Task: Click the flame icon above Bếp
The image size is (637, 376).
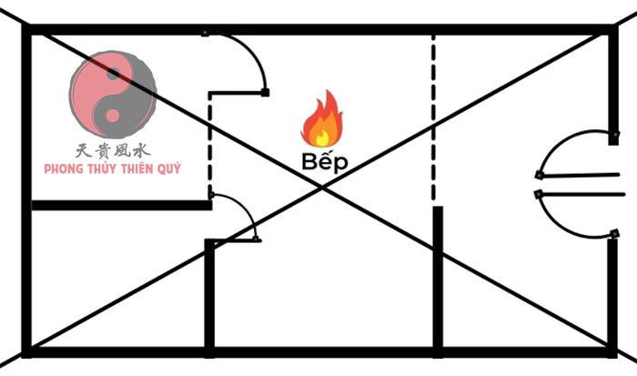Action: click(319, 121)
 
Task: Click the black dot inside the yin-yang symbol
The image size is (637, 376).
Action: click(114, 72)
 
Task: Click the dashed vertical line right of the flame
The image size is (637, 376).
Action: click(433, 118)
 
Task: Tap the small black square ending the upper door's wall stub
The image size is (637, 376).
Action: click(265, 92)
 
